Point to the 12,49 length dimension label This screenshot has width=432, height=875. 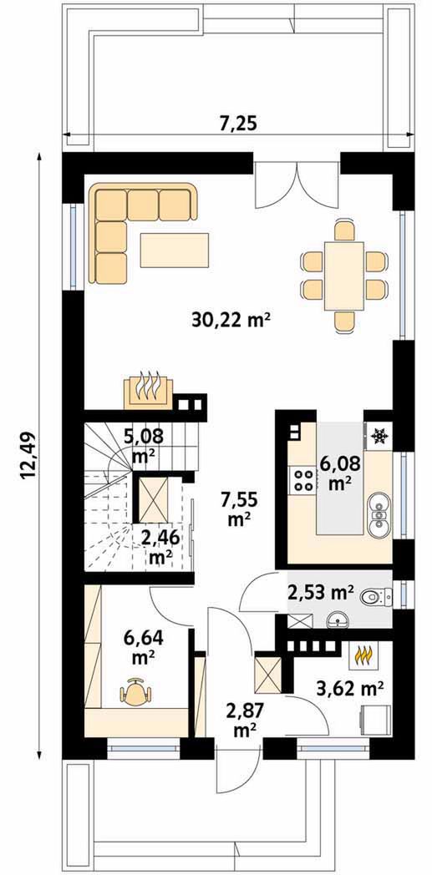click(28, 455)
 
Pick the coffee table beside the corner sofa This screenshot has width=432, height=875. click(175, 250)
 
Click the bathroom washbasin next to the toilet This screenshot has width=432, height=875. click(337, 619)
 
